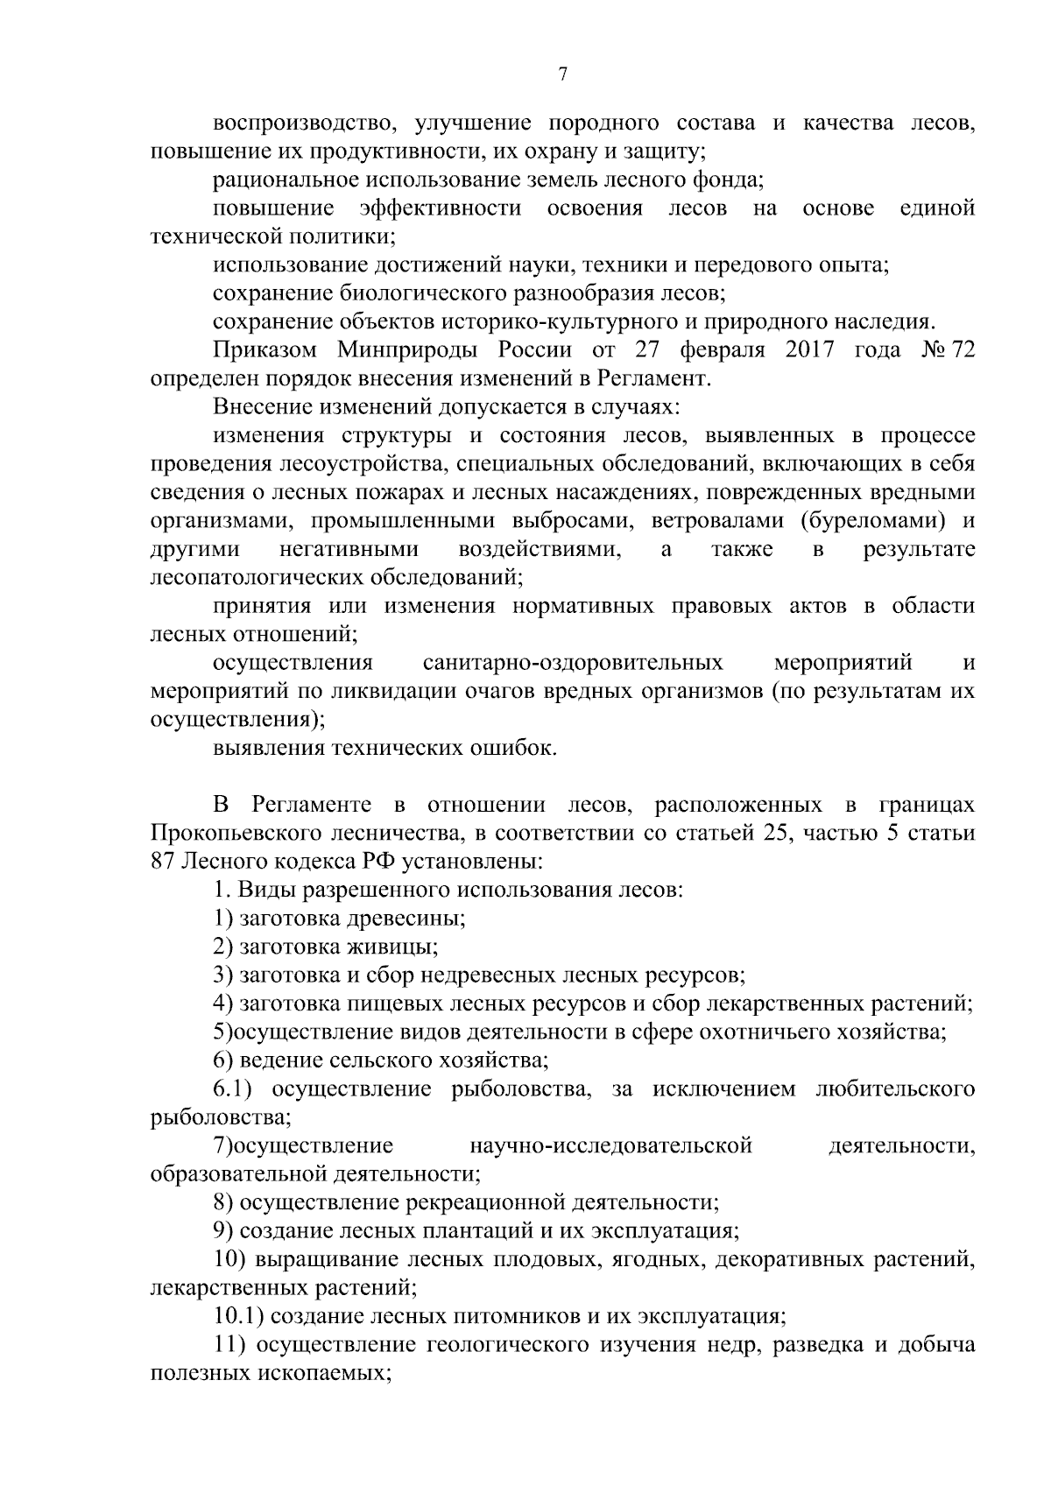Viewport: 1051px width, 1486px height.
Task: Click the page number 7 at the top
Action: point(562,76)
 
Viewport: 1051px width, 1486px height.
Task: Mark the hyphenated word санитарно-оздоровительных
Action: point(573,663)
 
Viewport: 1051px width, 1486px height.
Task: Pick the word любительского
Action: point(895,1089)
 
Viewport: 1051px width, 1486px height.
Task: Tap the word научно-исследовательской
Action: point(610,1146)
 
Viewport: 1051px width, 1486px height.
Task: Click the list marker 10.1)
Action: point(241,1316)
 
